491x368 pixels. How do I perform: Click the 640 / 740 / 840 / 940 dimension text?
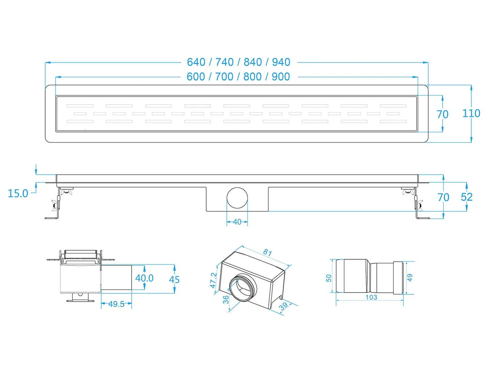click(238, 62)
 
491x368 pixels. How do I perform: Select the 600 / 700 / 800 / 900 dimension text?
click(238, 77)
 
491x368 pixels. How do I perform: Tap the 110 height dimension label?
click(471, 113)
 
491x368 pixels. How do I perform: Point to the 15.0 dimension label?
click(18, 194)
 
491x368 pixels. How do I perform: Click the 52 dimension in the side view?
click(466, 197)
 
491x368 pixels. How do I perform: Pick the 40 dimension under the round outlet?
click(237, 222)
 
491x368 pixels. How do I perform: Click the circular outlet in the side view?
click(237, 198)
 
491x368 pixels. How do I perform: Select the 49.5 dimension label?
click(116, 304)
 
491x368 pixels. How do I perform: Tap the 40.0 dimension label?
click(144, 278)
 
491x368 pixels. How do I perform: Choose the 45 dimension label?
click(174, 279)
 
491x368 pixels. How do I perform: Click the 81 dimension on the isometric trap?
click(267, 252)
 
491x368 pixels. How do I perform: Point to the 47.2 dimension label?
click(213, 280)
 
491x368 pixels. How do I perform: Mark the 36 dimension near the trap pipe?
click(226, 300)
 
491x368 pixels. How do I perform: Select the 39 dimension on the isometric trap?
click(284, 306)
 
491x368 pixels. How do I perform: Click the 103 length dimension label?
click(371, 297)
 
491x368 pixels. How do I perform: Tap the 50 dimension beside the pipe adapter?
click(329, 278)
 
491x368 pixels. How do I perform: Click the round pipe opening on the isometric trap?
click(243, 288)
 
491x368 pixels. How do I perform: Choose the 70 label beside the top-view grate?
click(443, 114)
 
